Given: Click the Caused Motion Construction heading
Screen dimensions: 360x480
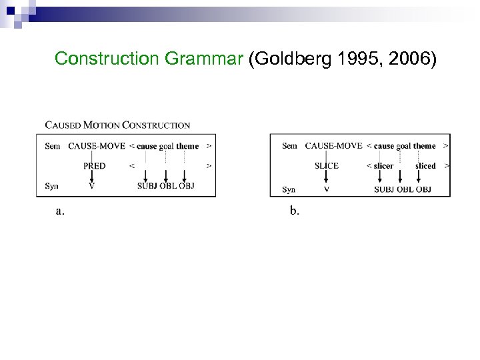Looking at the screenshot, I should pos(117,125).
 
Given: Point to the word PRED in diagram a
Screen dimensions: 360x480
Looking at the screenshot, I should pos(94,166).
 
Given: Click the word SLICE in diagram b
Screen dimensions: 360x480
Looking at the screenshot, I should pos(326,166).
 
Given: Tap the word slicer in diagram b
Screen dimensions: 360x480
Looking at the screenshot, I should pos(383,166).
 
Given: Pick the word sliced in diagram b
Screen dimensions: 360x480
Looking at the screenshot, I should pos(425,166).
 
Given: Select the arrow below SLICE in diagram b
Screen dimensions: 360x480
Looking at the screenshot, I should pos(326,177).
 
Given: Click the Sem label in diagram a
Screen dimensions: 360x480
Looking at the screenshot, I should pos(53,146).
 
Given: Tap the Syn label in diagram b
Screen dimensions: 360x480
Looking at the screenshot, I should pos(289,189).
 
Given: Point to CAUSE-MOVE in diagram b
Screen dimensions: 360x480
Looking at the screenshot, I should pos(333,146).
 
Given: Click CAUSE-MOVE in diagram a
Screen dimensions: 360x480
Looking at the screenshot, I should pos(97,146).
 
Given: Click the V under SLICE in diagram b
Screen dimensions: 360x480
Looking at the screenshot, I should pos(326,189).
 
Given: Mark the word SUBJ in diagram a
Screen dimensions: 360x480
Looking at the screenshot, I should pos(147,186).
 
